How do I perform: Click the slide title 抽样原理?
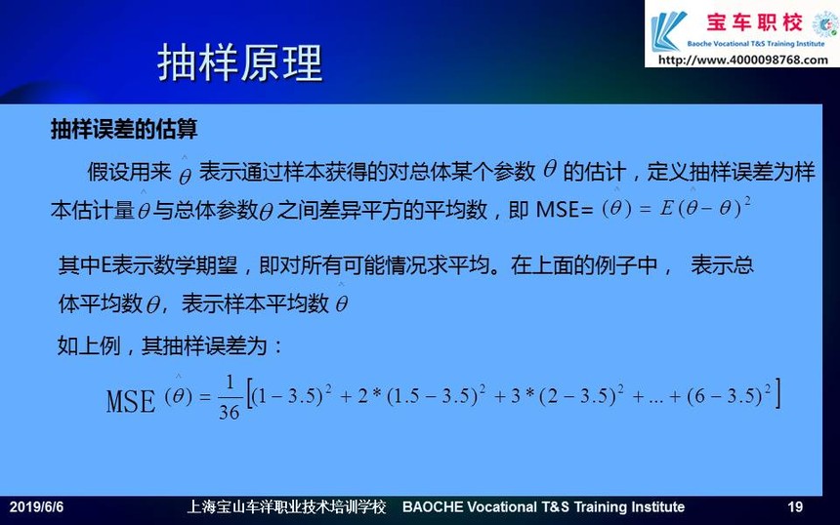coord(240,63)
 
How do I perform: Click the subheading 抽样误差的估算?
coord(124,129)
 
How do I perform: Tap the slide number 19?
coord(795,506)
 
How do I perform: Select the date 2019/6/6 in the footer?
coord(36,506)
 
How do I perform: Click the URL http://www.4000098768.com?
coord(743,60)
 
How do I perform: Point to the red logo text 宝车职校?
coord(754,22)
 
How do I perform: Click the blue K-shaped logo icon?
coord(667,31)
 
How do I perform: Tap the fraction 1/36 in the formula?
coord(230,397)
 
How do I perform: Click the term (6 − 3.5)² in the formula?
coord(729,395)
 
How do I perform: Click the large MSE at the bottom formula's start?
coord(131,401)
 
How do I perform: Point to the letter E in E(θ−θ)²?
coord(667,208)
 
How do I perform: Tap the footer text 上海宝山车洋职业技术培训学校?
coord(286,506)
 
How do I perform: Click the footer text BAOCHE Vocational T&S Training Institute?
coord(543,506)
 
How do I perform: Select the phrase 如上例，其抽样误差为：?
coord(170,345)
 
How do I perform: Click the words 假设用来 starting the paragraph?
coord(129,172)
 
